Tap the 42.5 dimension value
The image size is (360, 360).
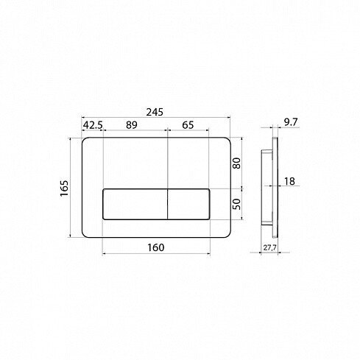(x=92, y=126)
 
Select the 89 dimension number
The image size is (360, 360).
(x=132, y=126)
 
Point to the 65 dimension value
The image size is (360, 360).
(x=188, y=126)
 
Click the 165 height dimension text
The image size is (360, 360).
(x=64, y=188)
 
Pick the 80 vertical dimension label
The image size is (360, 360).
(x=237, y=163)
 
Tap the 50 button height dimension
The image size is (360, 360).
(x=237, y=204)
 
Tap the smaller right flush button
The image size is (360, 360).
(x=191, y=204)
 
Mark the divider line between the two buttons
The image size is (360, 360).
(x=169, y=204)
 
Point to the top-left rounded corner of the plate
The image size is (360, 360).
(x=83, y=140)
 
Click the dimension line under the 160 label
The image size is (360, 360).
(x=156, y=255)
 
